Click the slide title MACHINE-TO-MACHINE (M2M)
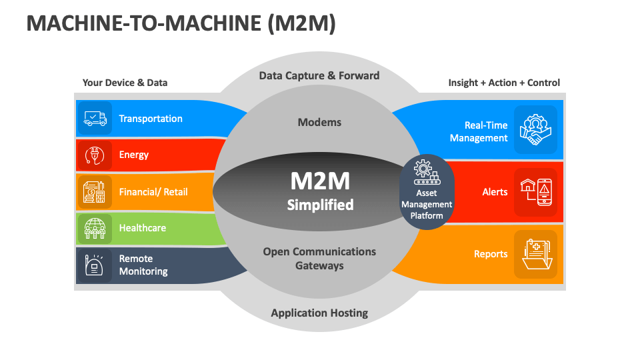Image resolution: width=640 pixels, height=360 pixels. (x=181, y=23)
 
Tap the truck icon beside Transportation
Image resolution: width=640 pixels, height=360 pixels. (x=95, y=119)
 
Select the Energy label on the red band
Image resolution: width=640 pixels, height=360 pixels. (x=133, y=155)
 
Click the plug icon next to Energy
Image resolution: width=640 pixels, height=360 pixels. (x=95, y=155)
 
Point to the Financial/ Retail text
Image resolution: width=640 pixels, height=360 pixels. (x=153, y=192)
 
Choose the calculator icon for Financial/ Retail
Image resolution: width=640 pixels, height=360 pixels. (x=95, y=192)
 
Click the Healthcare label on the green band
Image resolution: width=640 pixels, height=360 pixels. (x=142, y=228)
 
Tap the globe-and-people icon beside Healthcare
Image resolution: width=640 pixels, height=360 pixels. (x=95, y=229)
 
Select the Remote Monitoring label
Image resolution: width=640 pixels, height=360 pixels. (x=143, y=265)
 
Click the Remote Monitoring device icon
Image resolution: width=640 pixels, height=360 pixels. (x=95, y=265)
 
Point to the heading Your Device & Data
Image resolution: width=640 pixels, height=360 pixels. (x=125, y=83)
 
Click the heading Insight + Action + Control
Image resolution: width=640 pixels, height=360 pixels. (x=504, y=83)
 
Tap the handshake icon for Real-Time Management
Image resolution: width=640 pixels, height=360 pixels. (x=535, y=130)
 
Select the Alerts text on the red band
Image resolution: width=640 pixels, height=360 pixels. (x=495, y=192)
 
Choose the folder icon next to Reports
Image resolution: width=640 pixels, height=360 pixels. (x=535, y=254)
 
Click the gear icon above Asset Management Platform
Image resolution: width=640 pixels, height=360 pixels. (x=427, y=171)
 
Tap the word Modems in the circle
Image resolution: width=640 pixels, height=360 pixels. (x=319, y=122)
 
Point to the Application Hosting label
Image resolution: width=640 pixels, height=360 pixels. (x=319, y=313)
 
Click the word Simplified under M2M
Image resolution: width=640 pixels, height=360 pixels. (x=320, y=205)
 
